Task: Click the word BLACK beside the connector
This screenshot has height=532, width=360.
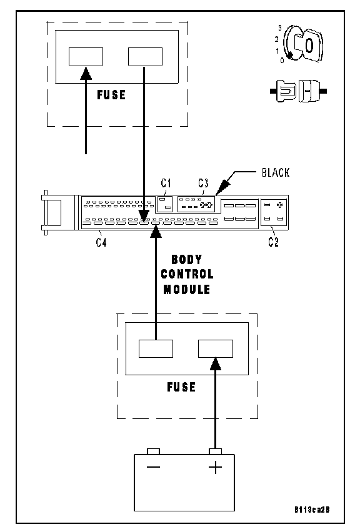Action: (x=276, y=172)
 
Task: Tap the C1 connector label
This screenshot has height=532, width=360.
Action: (x=166, y=183)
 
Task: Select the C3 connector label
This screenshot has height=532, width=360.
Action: (x=203, y=183)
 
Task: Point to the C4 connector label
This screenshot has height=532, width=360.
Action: (x=101, y=242)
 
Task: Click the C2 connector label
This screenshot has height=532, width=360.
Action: (x=273, y=242)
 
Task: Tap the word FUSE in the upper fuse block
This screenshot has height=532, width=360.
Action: (x=111, y=95)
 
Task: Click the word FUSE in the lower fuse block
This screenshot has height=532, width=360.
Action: (x=181, y=387)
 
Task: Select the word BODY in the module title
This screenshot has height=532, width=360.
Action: (x=186, y=260)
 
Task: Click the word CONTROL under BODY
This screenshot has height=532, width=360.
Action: (x=187, y=274)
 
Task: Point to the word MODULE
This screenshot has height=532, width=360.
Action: (x=187, y=289)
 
